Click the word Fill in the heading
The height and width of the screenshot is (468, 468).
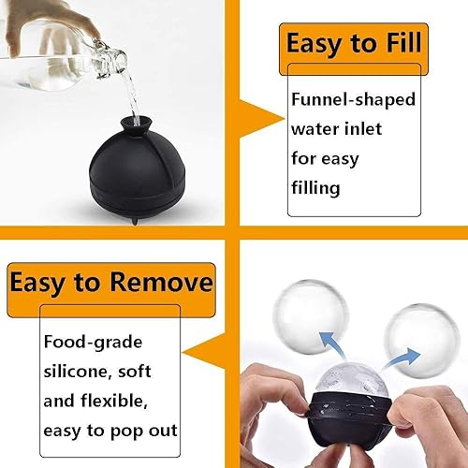click(x=403, y=42)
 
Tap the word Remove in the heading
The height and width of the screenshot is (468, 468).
click(x=161, y=282)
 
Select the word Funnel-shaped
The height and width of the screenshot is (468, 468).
click(x=353, y=100)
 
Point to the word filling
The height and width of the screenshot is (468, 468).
click(x=315, y=188)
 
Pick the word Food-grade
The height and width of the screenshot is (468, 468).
click(x=93, y=343)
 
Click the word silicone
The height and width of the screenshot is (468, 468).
click(x=78, y=372)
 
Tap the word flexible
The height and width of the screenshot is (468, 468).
click(x=114, y=401)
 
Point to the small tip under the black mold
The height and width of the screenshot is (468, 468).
click(x=135, y=221)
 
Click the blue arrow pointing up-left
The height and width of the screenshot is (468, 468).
click(x=332, y=345)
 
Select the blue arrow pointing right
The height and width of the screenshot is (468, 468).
click(x=402, y=358)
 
